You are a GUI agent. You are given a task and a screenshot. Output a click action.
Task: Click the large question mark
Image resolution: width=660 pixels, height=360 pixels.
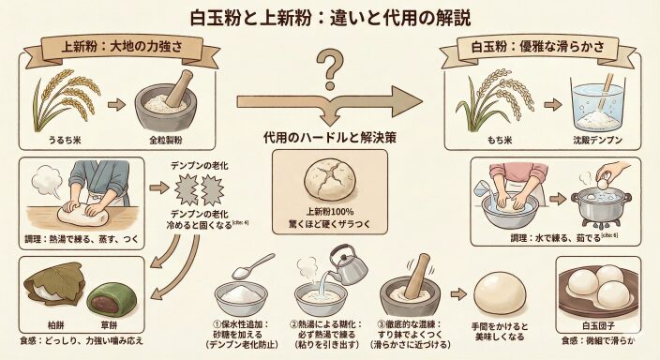pyautogui.click(x=330, y=69)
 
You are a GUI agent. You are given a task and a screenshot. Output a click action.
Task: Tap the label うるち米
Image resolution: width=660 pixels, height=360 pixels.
pyautogui.click(x=65, y=140)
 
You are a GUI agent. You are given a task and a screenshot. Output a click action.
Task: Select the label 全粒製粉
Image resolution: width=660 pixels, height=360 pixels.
pyautogui.click(x=166, y=140)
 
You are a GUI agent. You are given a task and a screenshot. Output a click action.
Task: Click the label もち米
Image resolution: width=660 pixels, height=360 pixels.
pyautogui.click(x=500, y=140)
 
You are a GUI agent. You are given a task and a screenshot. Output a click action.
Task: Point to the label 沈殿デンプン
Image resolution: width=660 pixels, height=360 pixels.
pyautogui.click(x=597, y=140)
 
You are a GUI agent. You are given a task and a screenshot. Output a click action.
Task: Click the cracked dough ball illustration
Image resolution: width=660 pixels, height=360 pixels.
pyautogui.click(x=330, y=182)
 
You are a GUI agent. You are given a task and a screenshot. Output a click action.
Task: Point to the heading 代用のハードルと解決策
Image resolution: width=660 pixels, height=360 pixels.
pyautogui.click(x=330, y=138)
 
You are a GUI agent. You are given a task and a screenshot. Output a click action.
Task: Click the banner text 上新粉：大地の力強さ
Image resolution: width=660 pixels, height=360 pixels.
pyautogui.click(x=122, y=47)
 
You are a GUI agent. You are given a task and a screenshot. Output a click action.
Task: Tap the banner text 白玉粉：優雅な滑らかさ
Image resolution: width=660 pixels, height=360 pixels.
pyautogui.click(x=538, y=46)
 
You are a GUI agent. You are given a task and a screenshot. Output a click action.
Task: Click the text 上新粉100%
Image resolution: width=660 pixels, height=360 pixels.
pyautogui.click(x=330, y=212)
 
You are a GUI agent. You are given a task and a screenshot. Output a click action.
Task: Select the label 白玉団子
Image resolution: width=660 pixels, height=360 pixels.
pyautogui.click(x=598, y=326)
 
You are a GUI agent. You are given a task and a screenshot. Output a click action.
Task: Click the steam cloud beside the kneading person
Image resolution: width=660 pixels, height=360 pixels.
pyautogui.click(x=47, y=181)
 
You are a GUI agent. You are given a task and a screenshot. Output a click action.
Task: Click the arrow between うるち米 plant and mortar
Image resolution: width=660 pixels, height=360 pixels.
pyautogui.click(x=116, y=104)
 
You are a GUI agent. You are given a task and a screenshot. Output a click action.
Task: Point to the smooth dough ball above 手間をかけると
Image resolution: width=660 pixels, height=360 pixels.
pyautogui.click(x=500, y=293)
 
